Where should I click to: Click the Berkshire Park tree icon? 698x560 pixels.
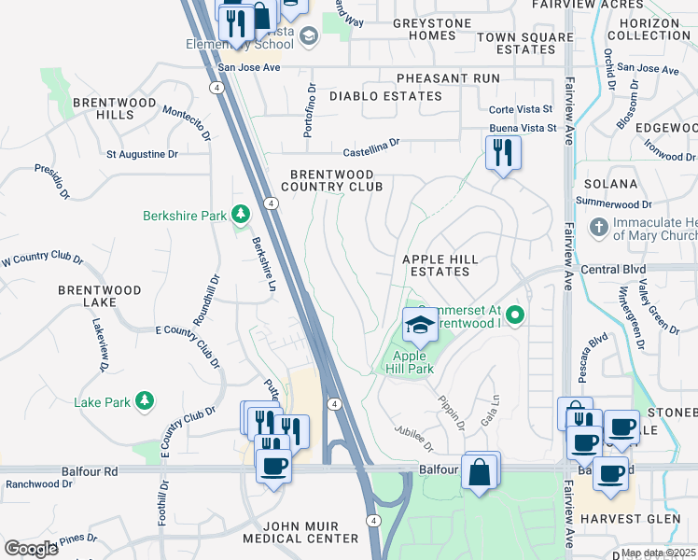(241, 216)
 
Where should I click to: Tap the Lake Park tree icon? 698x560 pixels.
(144, 402)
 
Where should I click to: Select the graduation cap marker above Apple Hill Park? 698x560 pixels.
(420, 326)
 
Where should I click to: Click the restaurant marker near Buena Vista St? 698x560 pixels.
(503, 153)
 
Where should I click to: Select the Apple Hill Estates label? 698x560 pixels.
(440, 265)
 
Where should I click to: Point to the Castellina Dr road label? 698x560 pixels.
(370, 144)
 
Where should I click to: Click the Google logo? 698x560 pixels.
(32, 549)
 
